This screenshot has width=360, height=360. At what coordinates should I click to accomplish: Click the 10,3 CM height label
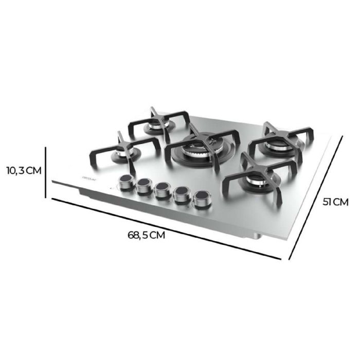coord(23,171)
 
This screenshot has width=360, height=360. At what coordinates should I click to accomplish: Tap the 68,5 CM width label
coord(147,236)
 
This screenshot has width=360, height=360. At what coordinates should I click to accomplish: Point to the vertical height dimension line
coord(47,172)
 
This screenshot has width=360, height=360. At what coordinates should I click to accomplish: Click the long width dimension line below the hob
coord(165,227)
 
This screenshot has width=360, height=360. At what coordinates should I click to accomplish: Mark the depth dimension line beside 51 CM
coord(314,198)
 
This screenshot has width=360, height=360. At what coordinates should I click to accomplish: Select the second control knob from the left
coord(144,187)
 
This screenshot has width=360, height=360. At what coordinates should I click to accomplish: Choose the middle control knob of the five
coord(163,190)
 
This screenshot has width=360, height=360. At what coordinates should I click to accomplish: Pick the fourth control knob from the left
coord(181,195)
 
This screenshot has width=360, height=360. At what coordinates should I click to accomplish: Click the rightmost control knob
coord(201,199)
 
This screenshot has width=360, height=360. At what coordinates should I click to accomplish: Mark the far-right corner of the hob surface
coord(341,138)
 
